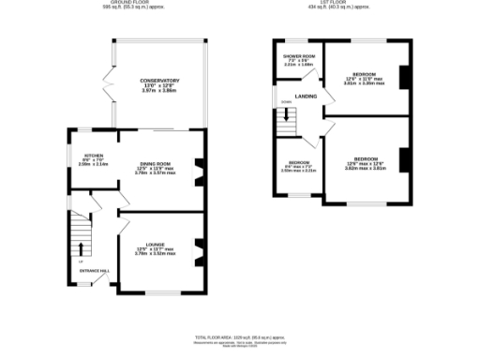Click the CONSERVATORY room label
pyautogui.click(x=159, y=81)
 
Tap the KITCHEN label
pyautogui.click(x=94, y=155)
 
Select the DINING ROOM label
pyautogui.click(x=157, y=164)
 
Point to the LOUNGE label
pyautogui.click(x=156, y=244)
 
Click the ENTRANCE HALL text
pyautogui.click(x=94, y=270)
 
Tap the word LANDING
pyautogui.click(x=306, y=96)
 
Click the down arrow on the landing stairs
pyautogui.click(x=285, y=114)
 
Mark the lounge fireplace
pyautogui.click(x=197, y=250)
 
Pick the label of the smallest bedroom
pyautogui.click(x=298, y=162)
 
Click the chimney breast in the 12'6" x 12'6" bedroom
pyautogui.click(x=404, y=160)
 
